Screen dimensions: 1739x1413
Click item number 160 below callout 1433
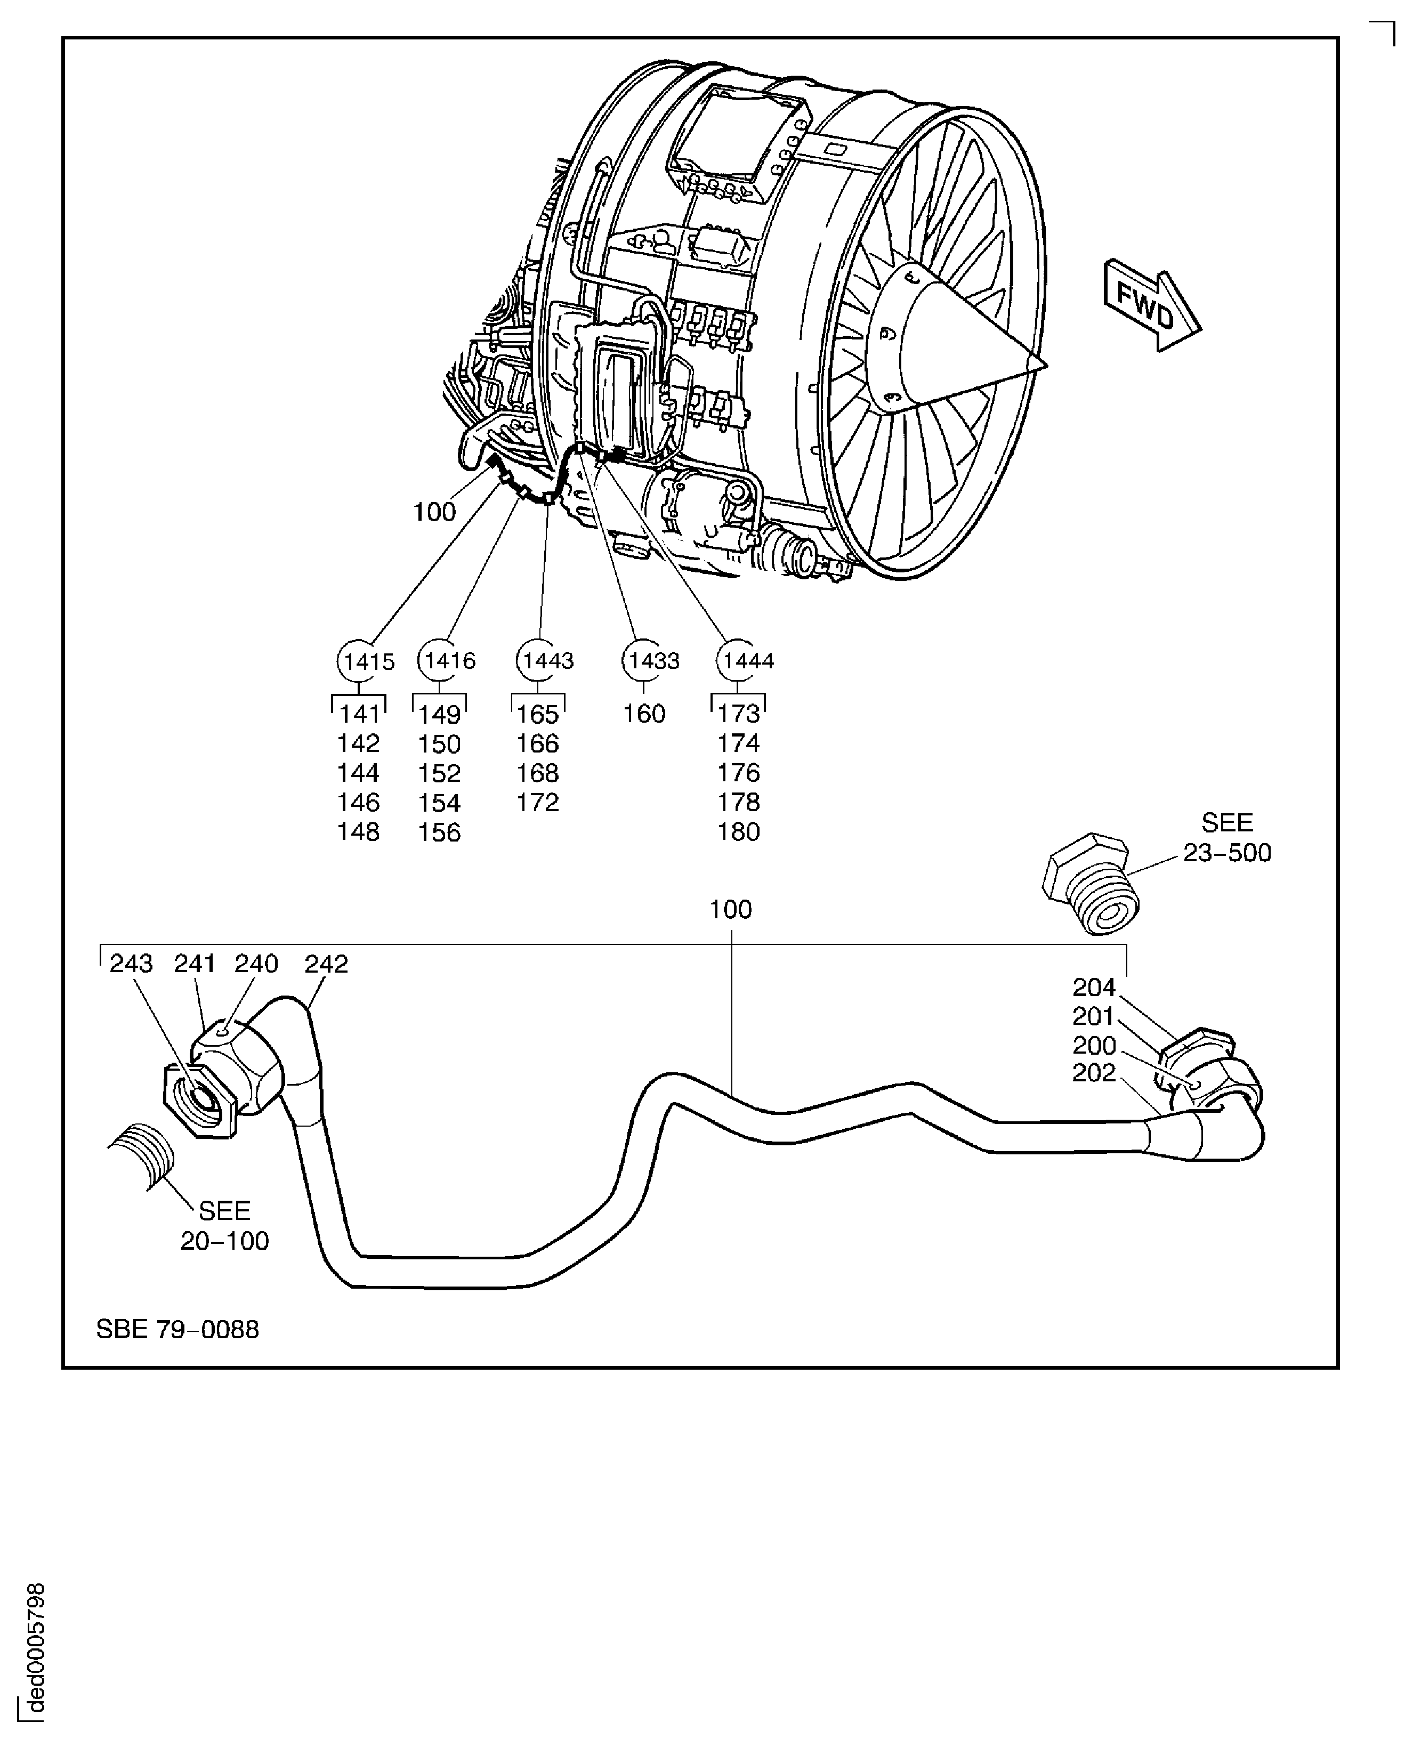644,714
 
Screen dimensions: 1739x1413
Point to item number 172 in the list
537,803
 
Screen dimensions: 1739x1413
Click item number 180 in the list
738,831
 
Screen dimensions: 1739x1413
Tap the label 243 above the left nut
131,964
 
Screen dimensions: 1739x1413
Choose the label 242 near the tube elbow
326,964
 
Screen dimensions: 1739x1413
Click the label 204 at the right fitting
1093,987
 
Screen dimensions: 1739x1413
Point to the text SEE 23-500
1226,838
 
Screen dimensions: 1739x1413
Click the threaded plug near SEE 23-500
1091,884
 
